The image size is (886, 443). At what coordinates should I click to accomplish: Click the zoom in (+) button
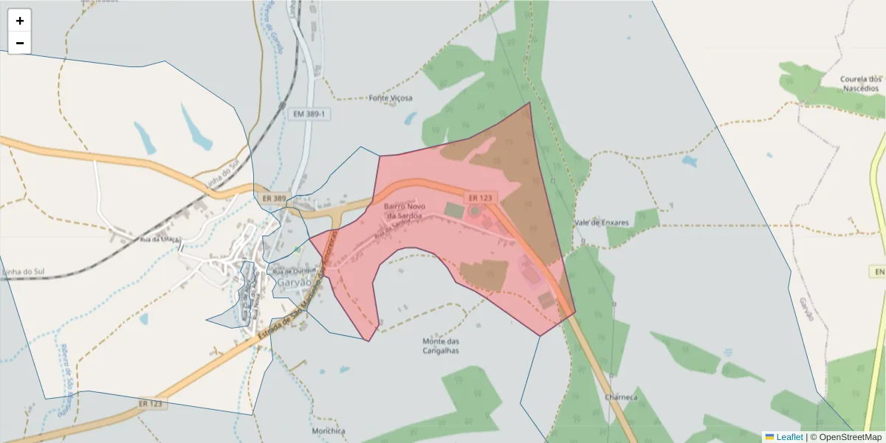pos(20,21)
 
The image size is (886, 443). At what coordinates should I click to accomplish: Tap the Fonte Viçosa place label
pos(391,97)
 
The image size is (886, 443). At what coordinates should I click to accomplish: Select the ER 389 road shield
pos(274,199)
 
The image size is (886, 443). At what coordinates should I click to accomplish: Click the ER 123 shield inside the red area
pos(480,198)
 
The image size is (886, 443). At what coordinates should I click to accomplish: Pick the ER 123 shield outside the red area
pos(152,404)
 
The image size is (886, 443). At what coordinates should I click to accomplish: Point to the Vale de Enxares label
pos(601,222)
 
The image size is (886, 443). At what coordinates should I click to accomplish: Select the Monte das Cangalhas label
pos(441,346)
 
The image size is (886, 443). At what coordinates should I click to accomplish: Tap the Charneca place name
pos(620,397)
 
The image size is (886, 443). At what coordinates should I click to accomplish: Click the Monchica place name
pos(329,430)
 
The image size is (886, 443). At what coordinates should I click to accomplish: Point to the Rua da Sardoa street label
pos(392,229)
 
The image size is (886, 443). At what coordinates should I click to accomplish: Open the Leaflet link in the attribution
pos(789,437)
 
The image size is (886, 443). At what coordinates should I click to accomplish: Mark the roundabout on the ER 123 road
pos(474,211)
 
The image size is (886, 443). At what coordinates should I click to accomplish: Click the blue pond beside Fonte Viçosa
pos(410,118)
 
